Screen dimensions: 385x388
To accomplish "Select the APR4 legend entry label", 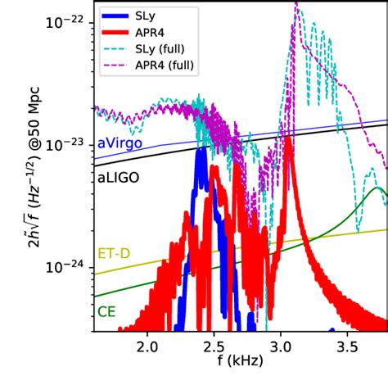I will (x=156, y=31).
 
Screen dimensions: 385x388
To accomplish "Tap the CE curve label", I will (x=106, y=312).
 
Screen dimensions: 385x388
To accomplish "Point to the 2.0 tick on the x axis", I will (x=148, y=343).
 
